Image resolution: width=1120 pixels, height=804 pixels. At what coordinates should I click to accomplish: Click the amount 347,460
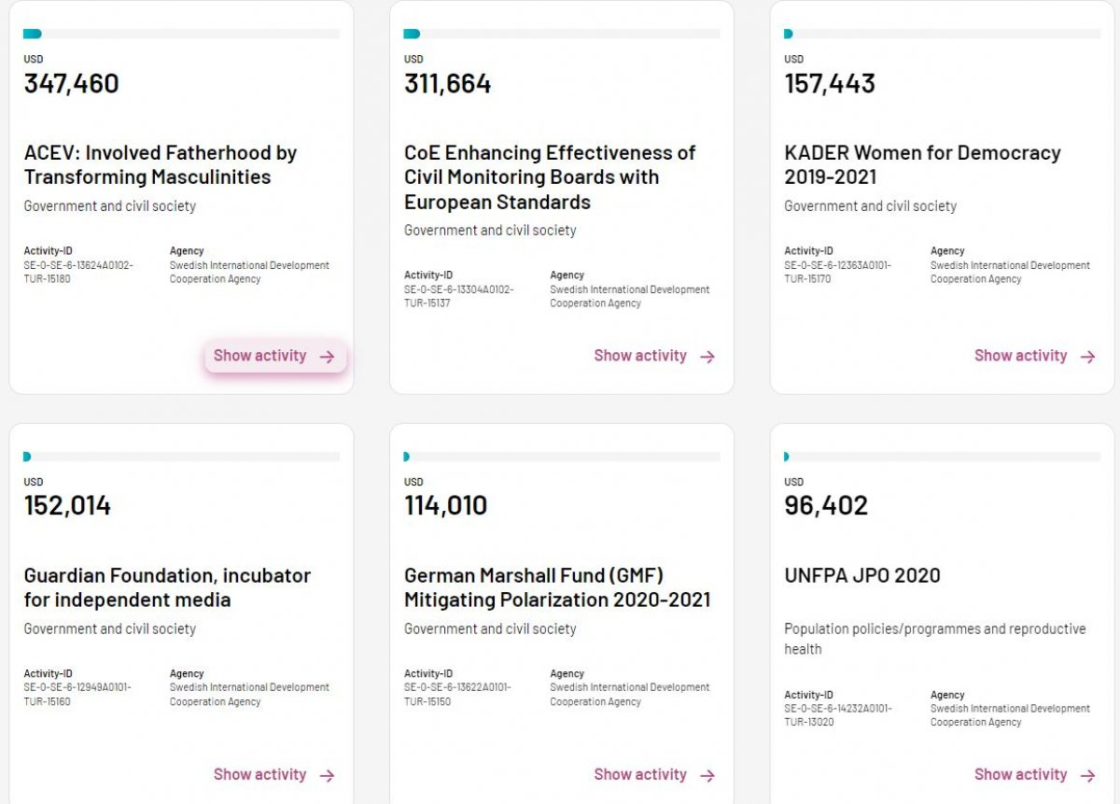pyautogui.click(x=72, y=84)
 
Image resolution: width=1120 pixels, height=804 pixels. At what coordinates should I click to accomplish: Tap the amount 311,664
pyautogui.click(x=447, y=84)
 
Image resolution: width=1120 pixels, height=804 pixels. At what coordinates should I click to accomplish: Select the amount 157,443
pyautogui.click(x=830, y=84)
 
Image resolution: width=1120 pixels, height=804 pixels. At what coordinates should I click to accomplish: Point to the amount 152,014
pyautogui.click(x=67, y=506)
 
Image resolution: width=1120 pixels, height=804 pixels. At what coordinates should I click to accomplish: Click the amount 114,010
pyautogui.click(x=445, y=506)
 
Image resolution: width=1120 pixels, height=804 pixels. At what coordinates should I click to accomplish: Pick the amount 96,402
pyautogui.click(x=826, y=506)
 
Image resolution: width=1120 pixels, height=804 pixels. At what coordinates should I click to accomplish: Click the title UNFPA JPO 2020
pyautogui.click(x=862, y=575)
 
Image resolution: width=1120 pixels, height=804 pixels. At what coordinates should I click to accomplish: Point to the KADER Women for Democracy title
pyautogui.click(x=922, y=164)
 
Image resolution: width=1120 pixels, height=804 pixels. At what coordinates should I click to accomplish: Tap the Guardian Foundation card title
pyautogui.click(x=167, y=587)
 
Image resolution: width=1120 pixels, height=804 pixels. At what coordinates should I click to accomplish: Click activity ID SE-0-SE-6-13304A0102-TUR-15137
pyautogui.click(x=458, y=296)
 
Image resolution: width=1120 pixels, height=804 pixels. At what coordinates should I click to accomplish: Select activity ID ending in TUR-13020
pyautogui.click(x=837, y=715)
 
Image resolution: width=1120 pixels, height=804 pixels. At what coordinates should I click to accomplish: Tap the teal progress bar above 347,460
pyautogui.click(x=33, y=35)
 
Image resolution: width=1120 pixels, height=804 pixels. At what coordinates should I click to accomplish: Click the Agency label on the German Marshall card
pyautogui.click(x=567, y=673)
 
